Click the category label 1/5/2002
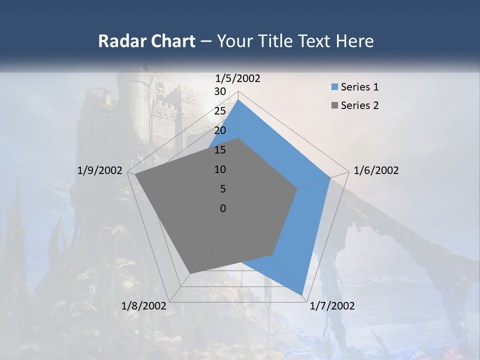tap(238, 78)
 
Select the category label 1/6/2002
tap(376, 170)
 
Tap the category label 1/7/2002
tap(332, 306)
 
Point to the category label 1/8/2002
tap(144, 306)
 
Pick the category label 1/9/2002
tap(100, 170)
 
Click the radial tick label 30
tap(220, 91)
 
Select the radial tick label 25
tap(220, 111)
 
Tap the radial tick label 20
tap(220, 130)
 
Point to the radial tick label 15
tap(220, 150)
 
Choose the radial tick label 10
tap(220, 169)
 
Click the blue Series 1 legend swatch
tap(334, 87)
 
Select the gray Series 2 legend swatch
tap(334, 105)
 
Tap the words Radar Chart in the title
tap(146, 41)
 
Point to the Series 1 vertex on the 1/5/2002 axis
tap(238, 100)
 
